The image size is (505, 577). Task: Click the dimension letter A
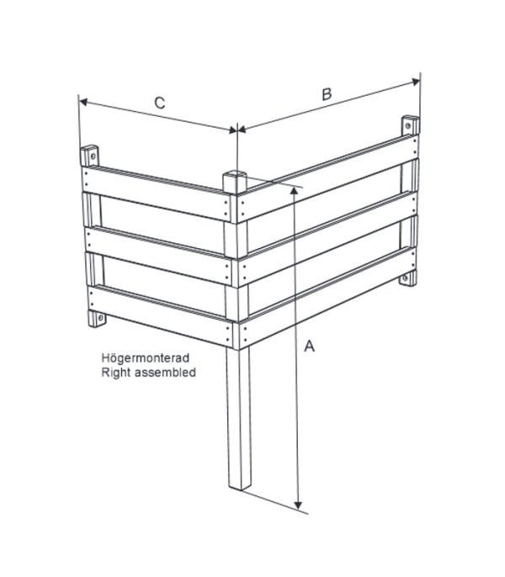click(310, 346)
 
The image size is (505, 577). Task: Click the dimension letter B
click(327, 94)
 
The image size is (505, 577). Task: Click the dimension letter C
click(159, 103)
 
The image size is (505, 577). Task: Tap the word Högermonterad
click(146, 357)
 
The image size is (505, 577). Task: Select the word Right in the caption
click(115, 373)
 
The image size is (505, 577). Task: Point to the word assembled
click(165, 373)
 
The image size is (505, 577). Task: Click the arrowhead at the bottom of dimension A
click(299, 505)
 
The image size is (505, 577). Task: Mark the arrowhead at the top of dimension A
click(294, 191)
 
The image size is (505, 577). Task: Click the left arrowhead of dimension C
click(83, 102)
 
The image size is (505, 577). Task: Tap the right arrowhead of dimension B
click(416, 82)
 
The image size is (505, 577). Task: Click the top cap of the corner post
click(235, 175)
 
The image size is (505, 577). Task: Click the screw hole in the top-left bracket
click(93, 156)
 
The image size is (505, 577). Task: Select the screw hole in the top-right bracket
click(407, 126)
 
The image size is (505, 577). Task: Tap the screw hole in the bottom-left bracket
click(99, 316)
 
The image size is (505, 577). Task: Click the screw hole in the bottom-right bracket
click(406, 278)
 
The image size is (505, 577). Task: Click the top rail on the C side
click(156, 193)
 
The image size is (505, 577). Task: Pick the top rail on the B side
click(327, 179)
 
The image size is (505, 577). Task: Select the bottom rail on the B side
click(327, 298)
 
